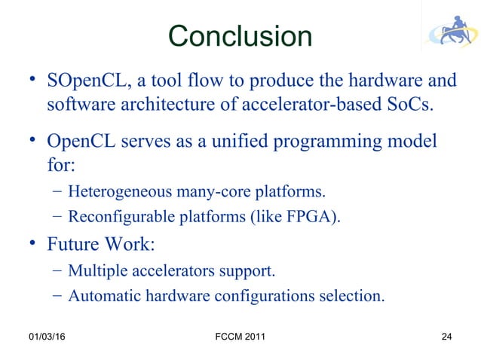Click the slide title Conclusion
240,35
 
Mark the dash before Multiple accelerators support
57,270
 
